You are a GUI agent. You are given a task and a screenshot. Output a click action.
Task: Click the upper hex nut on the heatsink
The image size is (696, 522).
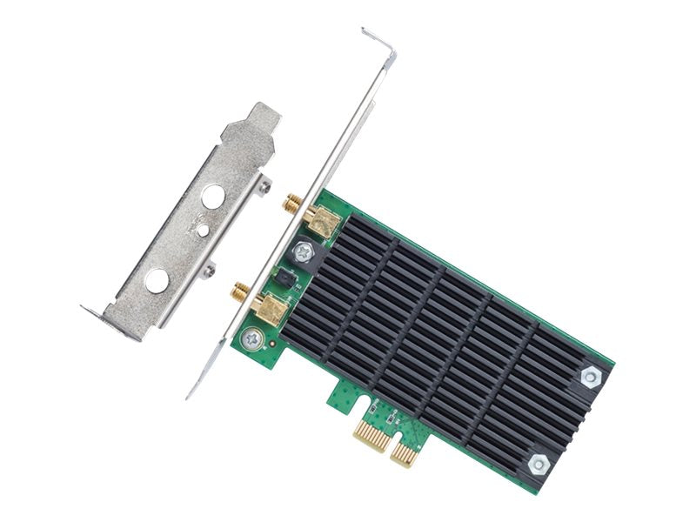591,376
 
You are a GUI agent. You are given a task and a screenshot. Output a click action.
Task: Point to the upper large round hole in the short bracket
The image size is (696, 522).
211,197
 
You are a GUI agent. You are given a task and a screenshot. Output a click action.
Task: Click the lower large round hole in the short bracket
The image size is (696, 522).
157,280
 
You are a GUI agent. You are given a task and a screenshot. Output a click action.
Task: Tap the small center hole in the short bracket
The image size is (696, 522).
202,231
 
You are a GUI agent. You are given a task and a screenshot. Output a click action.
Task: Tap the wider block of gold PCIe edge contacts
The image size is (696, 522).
370,432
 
